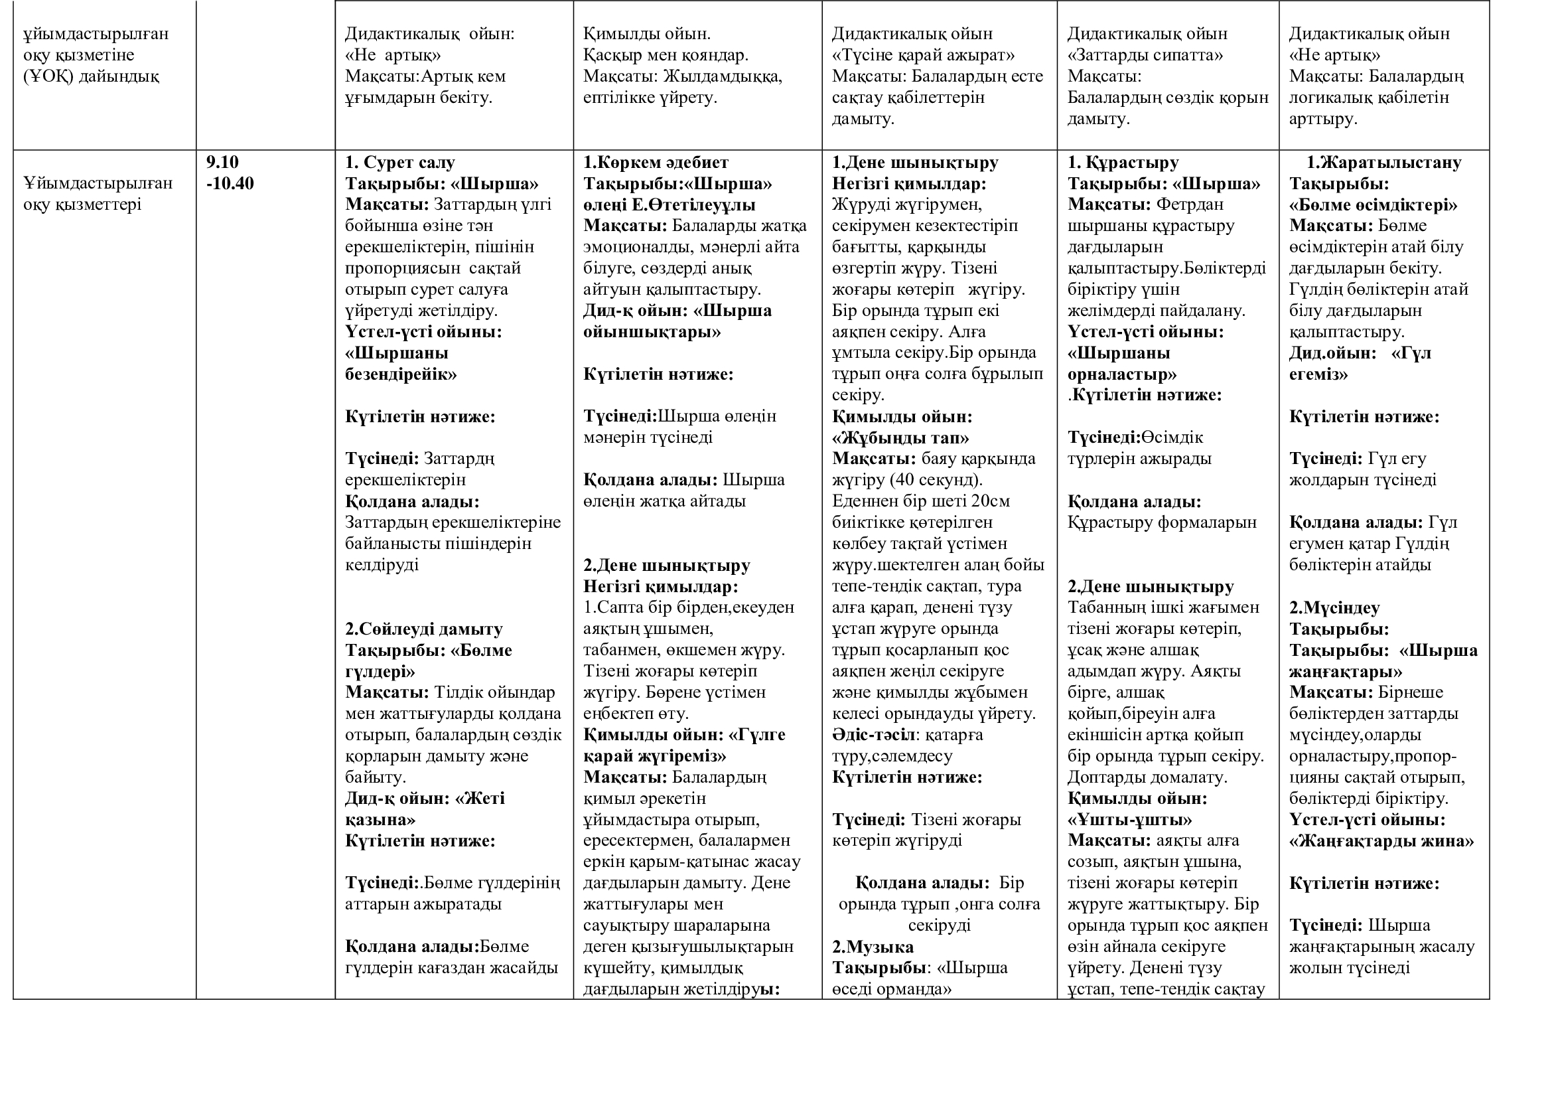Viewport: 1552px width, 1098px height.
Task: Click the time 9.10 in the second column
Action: point(222,162)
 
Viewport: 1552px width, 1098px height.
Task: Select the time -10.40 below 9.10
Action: point(230,183)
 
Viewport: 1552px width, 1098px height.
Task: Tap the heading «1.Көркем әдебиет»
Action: point(656,162)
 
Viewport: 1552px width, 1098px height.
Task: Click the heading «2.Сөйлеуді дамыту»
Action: point(424,629)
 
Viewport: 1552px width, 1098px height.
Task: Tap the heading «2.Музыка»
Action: point(873,947)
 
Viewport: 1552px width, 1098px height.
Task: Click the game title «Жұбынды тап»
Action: point(900,437)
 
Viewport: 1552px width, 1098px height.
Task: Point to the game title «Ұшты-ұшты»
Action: point(1129,819)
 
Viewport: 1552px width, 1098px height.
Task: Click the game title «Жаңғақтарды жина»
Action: point(1381,841)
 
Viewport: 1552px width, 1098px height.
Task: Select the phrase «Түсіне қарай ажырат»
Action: point(924,54)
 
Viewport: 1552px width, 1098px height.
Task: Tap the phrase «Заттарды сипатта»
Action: point(1145,54)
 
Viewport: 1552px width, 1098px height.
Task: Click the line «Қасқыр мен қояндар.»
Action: point(666,54)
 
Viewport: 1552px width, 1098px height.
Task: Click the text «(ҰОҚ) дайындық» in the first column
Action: point(92,76)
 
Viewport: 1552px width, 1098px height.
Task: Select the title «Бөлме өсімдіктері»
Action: point(1373,205)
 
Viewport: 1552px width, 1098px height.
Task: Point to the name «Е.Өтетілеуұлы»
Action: point(699,205)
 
